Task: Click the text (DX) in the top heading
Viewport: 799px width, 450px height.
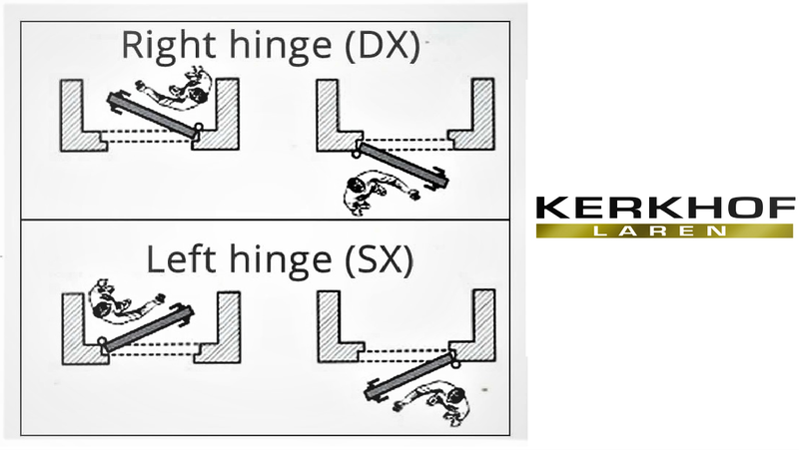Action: click(x=383, y=46)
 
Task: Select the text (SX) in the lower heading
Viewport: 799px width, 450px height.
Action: click(x=379, y=260)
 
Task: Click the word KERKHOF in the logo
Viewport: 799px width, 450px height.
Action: click(x=665, y=208)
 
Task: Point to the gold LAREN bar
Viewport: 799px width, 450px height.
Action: click(x=665, y=230)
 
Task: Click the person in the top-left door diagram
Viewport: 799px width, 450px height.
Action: click(x=176, y=88)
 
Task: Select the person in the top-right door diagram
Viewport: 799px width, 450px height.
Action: click(x=380, y=192)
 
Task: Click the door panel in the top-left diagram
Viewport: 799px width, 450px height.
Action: click(x=153, y=114)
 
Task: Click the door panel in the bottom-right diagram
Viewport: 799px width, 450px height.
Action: click(x=409, y=376)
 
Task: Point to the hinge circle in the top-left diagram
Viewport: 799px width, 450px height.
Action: click(x=199, y=127)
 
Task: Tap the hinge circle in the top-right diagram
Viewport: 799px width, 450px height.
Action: click(x=356, y=153)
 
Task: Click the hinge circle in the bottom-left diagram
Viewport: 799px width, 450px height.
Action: click(x=102, y=340)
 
